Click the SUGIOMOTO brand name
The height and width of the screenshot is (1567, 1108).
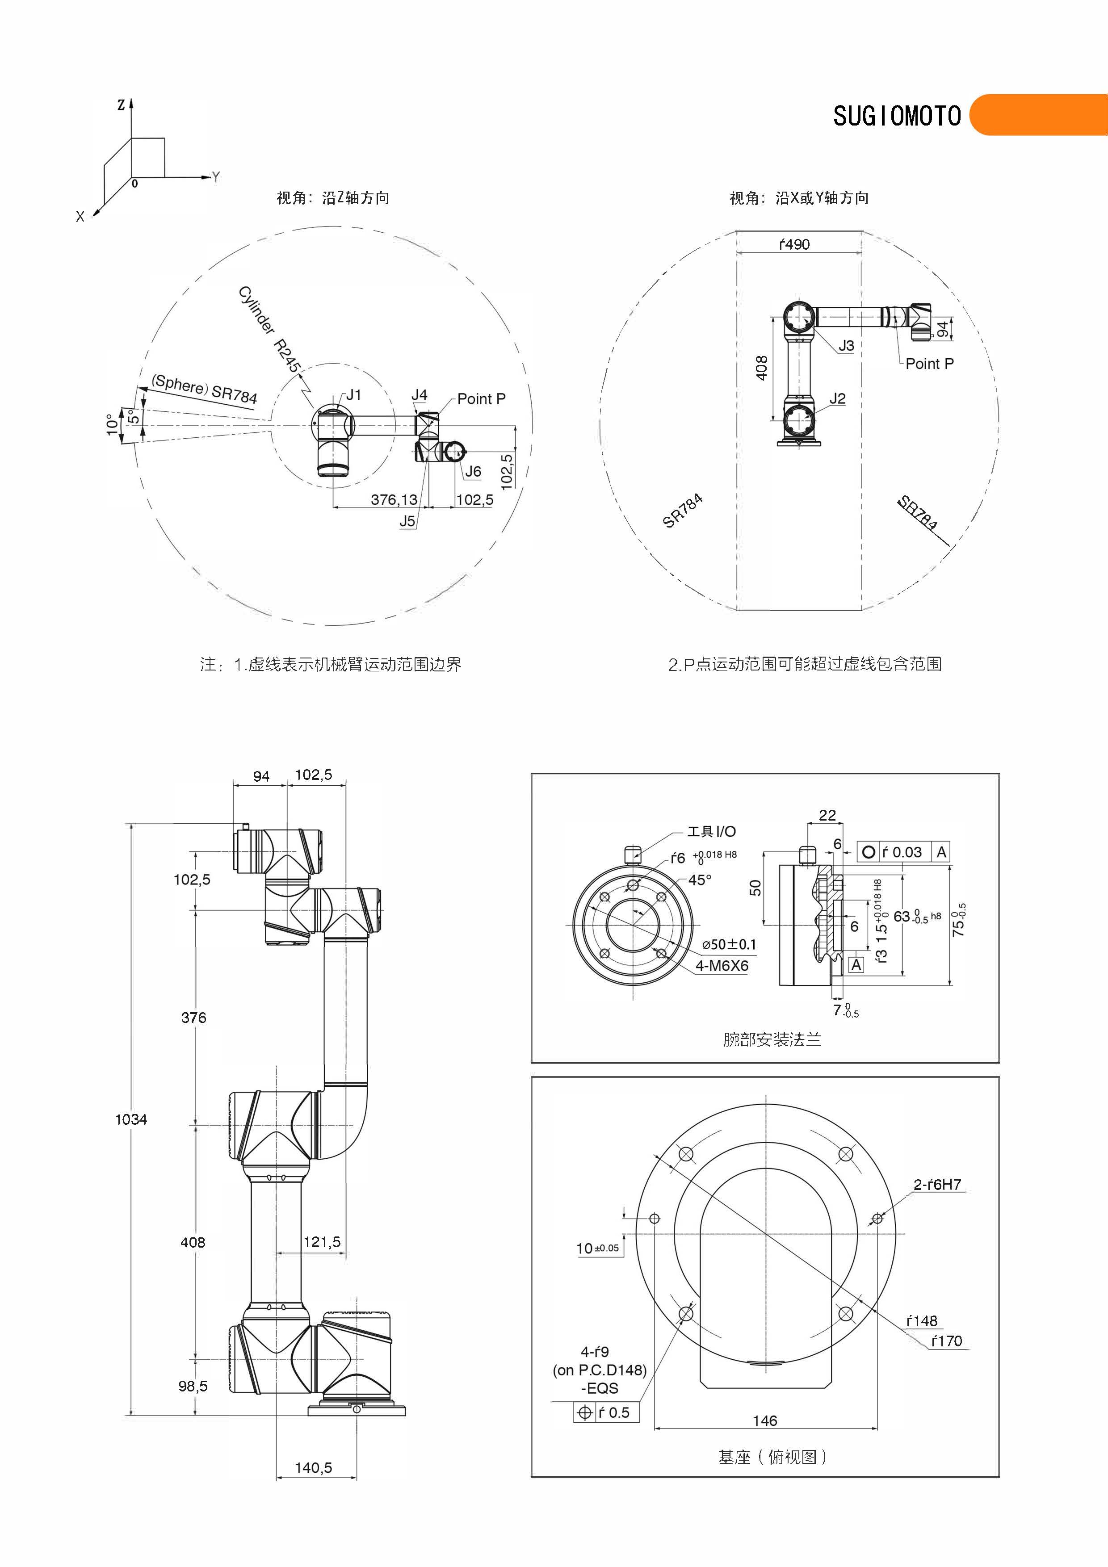coord(896,116)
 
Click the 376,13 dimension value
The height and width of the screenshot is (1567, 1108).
coord(394,499)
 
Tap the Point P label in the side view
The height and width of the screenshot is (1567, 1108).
coord(929,364)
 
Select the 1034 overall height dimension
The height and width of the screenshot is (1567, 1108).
coord(131,1119)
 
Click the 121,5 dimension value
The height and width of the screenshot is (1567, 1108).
coord(322,1242)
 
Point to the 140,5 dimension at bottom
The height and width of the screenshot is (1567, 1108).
coord(313,1467)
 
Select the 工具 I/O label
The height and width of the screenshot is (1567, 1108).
coord(711,831)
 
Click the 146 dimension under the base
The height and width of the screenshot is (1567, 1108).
coord(764,1420)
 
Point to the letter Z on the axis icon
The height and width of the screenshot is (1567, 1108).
coord(121,105)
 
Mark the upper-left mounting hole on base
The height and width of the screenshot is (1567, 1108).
coord(686,1154)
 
